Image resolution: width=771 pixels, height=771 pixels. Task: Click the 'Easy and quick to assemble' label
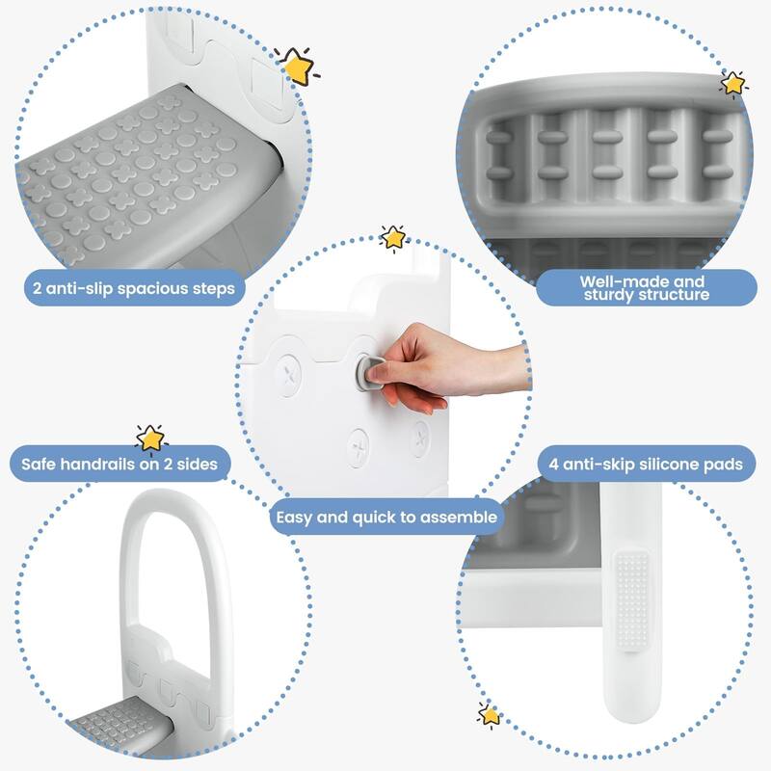click(x=386, y=517)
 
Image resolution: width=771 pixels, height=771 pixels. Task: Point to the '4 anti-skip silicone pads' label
click(x=647, y=465)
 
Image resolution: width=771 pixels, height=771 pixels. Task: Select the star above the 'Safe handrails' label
click(x=151, y=438)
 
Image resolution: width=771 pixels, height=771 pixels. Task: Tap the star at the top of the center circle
click(x=392, y=237)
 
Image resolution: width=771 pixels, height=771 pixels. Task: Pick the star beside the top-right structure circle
click(x=733, y=84)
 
